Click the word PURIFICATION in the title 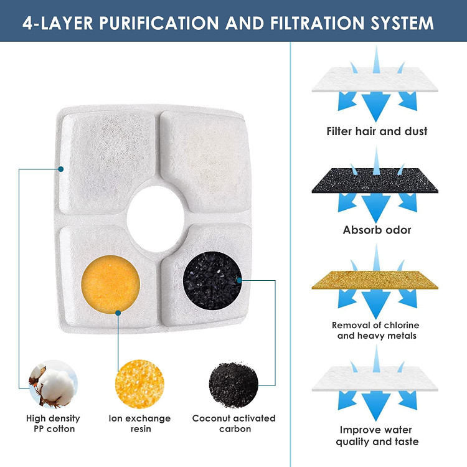point(159,23)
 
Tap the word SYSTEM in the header point(402,23)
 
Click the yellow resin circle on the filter point(110,285)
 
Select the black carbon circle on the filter point(212,281)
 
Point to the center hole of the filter point(156,219)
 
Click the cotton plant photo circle point(54,384)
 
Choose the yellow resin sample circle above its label point(139,384)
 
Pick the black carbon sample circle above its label point(233,385)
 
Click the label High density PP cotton point(54,423)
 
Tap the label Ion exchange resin point(139,423)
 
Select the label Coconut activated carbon point(233,423)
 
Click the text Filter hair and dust point(377,131)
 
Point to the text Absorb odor point(377,230)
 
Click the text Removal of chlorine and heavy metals point(376,330)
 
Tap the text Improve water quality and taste point(377,436)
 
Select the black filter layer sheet point(375,181)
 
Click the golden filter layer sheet point(375,280)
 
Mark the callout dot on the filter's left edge point(61,169)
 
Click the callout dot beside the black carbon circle point(239,280)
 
